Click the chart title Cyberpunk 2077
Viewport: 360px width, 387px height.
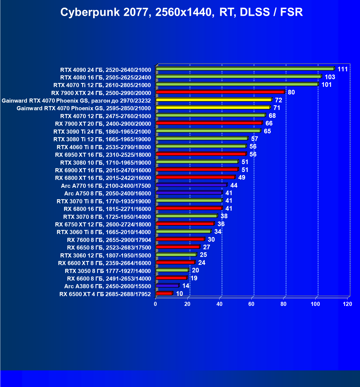(181, 12)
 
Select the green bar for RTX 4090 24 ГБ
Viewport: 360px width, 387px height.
(245, 69)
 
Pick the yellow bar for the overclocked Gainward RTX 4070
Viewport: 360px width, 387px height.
(214, 100)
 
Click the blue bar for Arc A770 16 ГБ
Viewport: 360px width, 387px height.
(191, 185)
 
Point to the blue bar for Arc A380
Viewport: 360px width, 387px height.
(167, 286)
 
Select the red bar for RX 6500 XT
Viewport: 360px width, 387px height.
(164, 293)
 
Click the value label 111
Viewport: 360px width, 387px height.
(343, 69)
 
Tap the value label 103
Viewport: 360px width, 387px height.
(330, 77)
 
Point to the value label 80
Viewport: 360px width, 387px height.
(291, 92)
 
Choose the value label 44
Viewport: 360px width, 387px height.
(234, 185)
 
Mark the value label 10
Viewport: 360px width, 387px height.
(179, 294)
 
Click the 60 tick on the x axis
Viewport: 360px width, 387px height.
(251, 304)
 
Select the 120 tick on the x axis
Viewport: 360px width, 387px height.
(347, 304)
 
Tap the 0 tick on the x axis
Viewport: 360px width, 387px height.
(155, 304)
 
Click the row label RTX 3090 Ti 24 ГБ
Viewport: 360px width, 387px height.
(102, 132)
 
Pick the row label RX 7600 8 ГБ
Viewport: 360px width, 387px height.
(109, 240)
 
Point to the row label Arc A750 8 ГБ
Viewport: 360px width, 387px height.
(108, 193)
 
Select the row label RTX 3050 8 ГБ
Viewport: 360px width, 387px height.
(108, 271)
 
